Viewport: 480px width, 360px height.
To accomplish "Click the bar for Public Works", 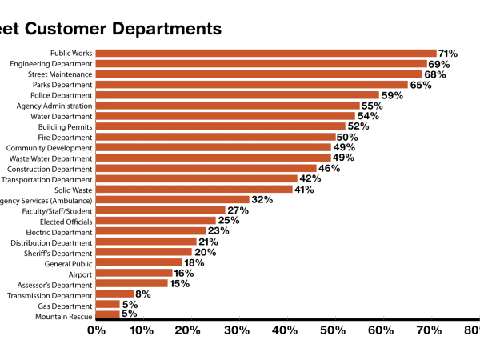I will (266, 54).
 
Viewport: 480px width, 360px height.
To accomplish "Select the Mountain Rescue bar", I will (108, 315).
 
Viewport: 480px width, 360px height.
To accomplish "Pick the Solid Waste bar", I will (194, 190).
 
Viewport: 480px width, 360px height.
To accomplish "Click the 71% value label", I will (448, 54).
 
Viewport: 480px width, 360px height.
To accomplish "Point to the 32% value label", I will (262, 200).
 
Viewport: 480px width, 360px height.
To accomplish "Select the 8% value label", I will (143, 294).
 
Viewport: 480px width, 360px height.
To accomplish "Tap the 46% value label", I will (329, 169).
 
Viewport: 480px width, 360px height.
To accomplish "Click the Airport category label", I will (80, 274).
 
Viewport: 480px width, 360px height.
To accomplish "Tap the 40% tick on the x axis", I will (285, 330).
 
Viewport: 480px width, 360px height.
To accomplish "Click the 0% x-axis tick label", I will (96, 330).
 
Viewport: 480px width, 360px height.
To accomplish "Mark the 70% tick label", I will (426, 330).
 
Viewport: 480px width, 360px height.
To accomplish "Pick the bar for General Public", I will (139, 262).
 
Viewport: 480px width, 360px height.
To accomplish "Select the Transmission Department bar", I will (115, 294).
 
